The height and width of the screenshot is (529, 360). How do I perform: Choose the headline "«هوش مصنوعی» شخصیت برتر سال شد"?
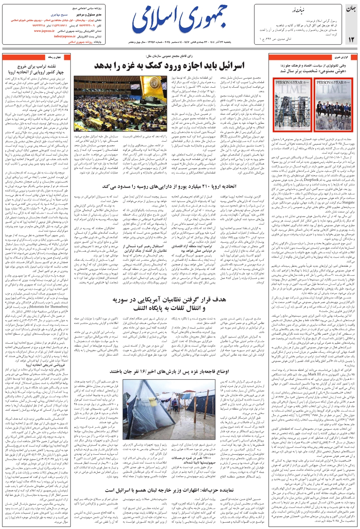click(x=309, y=71)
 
